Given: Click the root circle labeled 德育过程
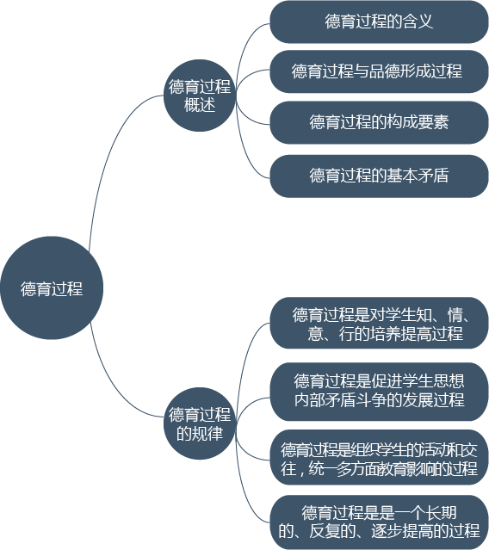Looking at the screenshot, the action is point(52,287).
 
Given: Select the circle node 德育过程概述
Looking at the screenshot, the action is point(200,96).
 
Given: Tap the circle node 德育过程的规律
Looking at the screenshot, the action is point(200,423).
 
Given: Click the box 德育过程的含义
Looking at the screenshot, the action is point(379,22).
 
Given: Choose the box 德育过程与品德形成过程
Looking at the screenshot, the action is point(379,71).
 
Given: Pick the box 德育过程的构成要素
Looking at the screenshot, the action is point(379,122).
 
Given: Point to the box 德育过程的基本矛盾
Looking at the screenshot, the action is point(379,176).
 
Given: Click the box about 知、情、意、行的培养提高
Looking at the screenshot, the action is point(379,323).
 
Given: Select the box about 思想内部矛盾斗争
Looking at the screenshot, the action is point(379,392).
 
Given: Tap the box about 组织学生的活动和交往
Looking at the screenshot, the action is point(379,457).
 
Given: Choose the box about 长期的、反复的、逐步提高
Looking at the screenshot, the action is point(379,522).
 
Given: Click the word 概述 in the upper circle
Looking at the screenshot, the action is point(200,105).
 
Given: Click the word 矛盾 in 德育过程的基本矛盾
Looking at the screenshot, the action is point(433,176).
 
